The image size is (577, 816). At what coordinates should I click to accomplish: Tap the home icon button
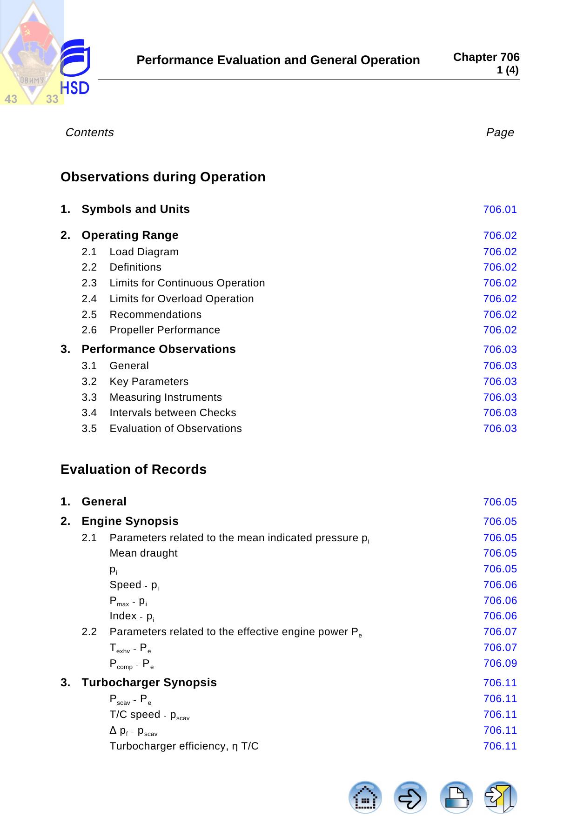[365, 797]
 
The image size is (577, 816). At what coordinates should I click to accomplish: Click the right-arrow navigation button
[410, 797]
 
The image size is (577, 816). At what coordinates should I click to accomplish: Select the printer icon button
[456, 797]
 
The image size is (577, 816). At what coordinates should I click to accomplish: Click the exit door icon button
[501, 797]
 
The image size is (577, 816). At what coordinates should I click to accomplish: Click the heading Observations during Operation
[163, 177]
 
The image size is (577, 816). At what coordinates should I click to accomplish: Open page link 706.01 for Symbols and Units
[500, 210]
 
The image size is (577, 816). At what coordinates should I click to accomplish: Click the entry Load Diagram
[144, 252]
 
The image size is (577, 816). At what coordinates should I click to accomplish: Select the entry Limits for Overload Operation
[181, 299]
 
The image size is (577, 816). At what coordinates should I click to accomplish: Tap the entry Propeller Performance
[165, 330]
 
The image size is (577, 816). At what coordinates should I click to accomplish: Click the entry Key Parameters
[149, 382]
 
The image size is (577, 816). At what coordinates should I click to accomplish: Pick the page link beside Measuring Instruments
[500, 398]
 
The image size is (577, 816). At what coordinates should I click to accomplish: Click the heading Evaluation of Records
[134, 470]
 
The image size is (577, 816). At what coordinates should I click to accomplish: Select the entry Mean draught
[143, 553]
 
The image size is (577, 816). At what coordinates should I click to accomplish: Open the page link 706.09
[500, 663]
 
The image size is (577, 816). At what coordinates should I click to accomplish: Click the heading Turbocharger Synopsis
[149, 683]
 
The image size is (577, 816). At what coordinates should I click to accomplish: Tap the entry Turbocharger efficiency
[184, 746]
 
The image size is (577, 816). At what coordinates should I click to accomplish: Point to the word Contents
[90, 133]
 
